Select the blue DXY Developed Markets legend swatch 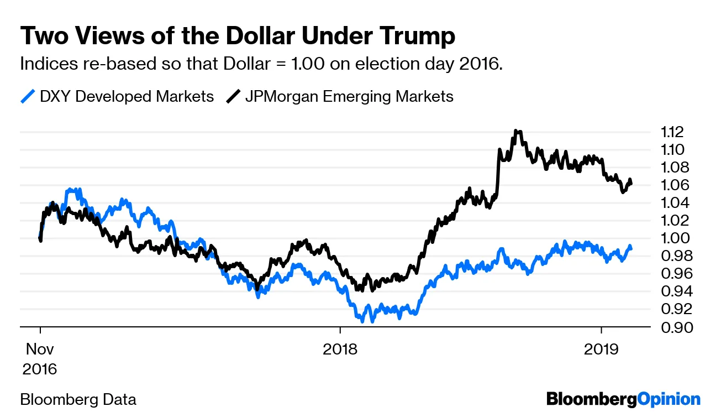28,97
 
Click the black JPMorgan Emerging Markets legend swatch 233,97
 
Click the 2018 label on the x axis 340,350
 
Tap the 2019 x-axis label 601,350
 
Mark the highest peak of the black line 516,131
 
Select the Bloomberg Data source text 78,399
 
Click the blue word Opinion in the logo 668,399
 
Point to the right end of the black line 631,183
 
